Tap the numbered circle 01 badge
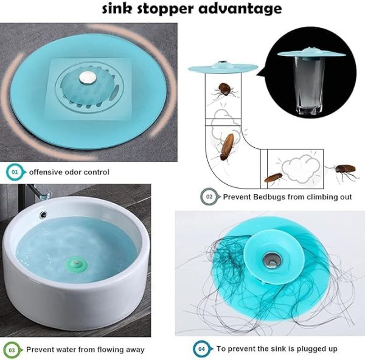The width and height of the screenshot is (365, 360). tap(15, 172)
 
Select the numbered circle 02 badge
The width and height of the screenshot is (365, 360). tap(209, 196)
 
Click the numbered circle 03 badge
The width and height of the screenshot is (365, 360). tap(12, 350)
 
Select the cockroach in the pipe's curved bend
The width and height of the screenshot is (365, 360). tap(227, 147)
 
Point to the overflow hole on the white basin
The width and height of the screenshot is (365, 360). tap(43, 213)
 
